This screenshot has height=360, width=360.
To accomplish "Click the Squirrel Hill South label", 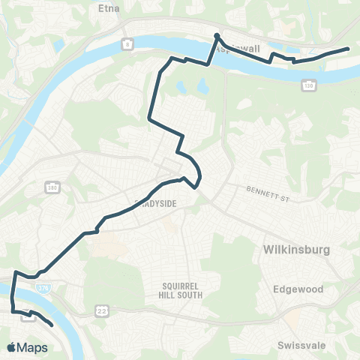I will pos(182,290).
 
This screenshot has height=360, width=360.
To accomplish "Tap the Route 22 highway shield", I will pos(100,309).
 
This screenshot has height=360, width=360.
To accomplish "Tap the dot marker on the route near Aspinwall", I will pos(217,36).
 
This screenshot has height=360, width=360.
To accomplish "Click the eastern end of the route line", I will pos(349,49).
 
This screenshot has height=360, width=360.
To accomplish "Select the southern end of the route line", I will pos(51,325).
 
